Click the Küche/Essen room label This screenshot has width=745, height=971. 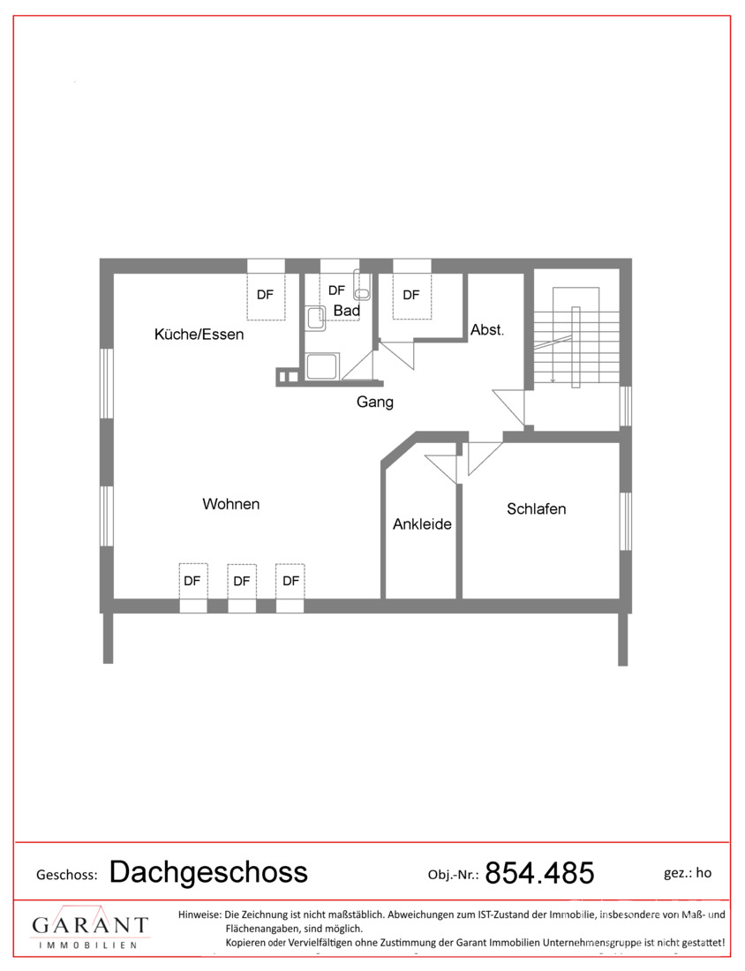point(199,335)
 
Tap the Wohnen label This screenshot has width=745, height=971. point(231,504)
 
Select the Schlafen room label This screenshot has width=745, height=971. point(537,509)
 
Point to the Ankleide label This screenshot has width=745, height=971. point(422,524)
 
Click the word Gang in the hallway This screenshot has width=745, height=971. point(374,402)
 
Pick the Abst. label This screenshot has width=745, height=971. point(487,330)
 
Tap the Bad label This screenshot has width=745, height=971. point(347,310)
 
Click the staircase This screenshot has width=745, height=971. point(576,337)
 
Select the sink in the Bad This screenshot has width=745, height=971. point(316,319)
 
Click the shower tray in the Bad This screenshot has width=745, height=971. point(323,366)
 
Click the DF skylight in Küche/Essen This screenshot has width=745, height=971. point(267,296)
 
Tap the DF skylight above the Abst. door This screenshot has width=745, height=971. point(412,296)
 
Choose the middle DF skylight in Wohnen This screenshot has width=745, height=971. point(242,581)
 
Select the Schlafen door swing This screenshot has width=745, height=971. point(485,458)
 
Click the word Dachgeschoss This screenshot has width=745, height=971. point(208,872)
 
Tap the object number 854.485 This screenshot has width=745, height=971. point(539,873)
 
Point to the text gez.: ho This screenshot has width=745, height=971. point(688,873)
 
